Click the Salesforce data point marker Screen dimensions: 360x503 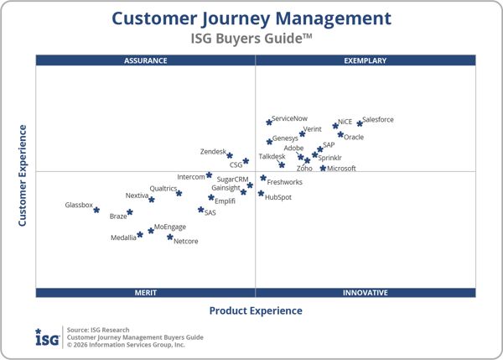pos(360,123)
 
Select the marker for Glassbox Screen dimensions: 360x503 pos(96,211)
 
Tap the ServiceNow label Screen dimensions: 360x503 pos(290,120)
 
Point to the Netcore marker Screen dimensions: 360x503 pos(169,237)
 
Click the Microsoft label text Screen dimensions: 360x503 pos(342,169)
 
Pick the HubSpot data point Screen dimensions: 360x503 pos(261,193)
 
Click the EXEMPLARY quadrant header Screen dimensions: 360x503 pos(366,60)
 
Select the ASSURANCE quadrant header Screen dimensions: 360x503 pos(146,60)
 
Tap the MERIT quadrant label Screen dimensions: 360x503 pos(146,293)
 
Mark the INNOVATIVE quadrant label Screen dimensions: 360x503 pos(366,293)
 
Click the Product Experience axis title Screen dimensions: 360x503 pos(256,310)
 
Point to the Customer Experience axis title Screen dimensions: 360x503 pos(23,175)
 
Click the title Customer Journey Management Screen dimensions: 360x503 pos(251,18)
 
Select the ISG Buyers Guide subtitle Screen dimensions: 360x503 pos(251,38)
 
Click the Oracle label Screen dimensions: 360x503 pos(354,138)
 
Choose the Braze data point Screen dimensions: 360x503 pos(130,212)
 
